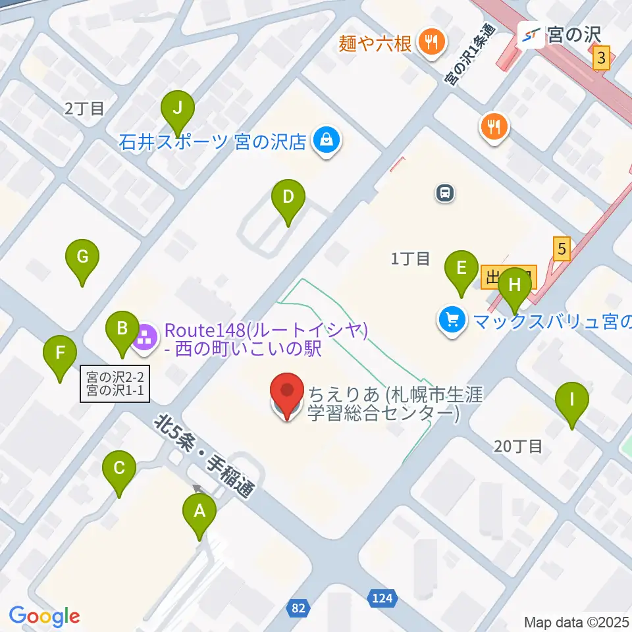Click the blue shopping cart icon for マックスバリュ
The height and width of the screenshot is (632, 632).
(x=452, y=321)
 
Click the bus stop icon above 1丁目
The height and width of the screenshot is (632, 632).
(x=446, y=193)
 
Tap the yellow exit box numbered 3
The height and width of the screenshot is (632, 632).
(x=600, y=59)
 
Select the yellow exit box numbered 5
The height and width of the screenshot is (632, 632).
(x=561, y=249)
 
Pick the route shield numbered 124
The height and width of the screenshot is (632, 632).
(x=380, y=598)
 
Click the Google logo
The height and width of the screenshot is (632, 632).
(x=44, y=616)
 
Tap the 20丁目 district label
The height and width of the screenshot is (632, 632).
(x=518, y=446)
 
